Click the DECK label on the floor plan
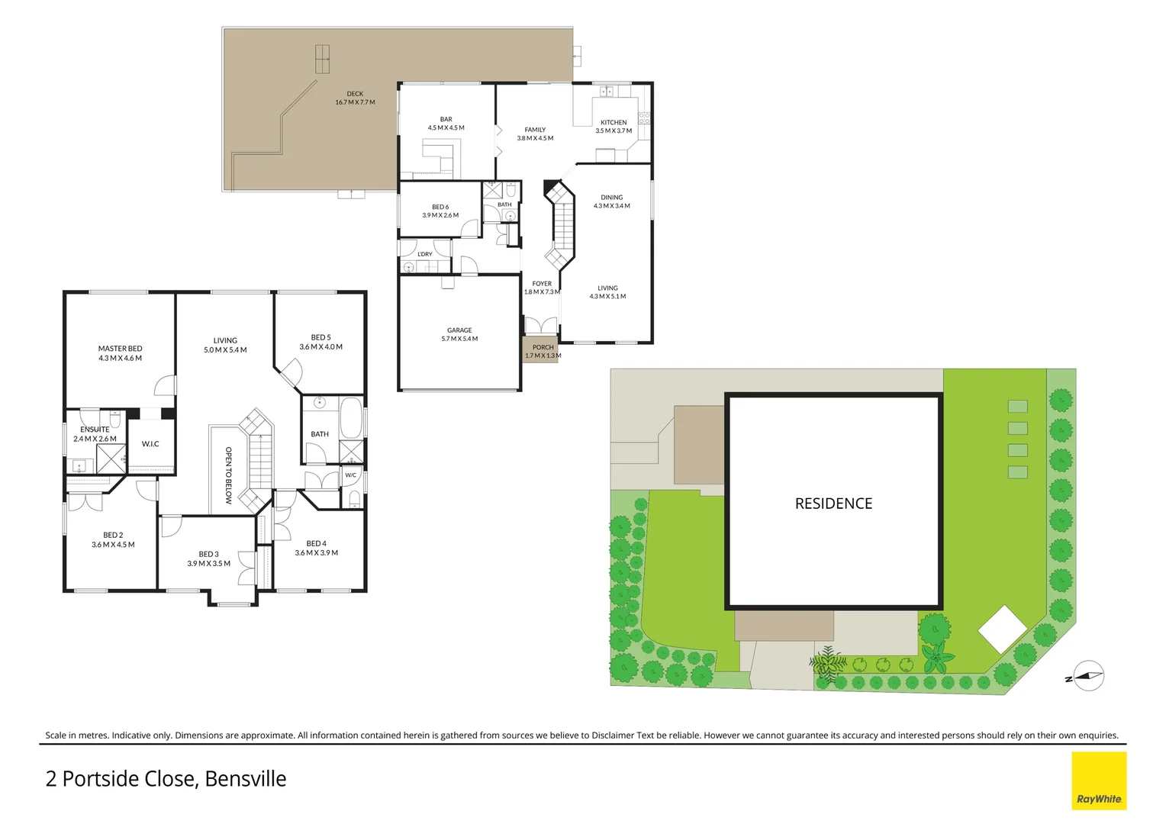click(355, 94)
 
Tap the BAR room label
click(446, 120)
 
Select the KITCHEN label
click(614, 123)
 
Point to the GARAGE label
click(459, 330)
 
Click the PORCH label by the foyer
click(543, 347)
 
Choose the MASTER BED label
click(120, 349)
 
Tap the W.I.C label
click(150, 444)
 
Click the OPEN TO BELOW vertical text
click(228, 475)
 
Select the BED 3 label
click(208, 555)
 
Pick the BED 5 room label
click(320, 337)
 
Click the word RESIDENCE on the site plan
click(833, 504)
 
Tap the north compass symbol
click(1089, 676)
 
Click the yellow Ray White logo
click(1099, 781)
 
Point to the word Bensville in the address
click(246, 779)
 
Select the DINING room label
click(611, 198)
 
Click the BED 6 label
click(440, 207)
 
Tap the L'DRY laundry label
click(425, 254)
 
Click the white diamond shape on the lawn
click(1003, 628)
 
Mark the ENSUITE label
click(95, 430)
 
